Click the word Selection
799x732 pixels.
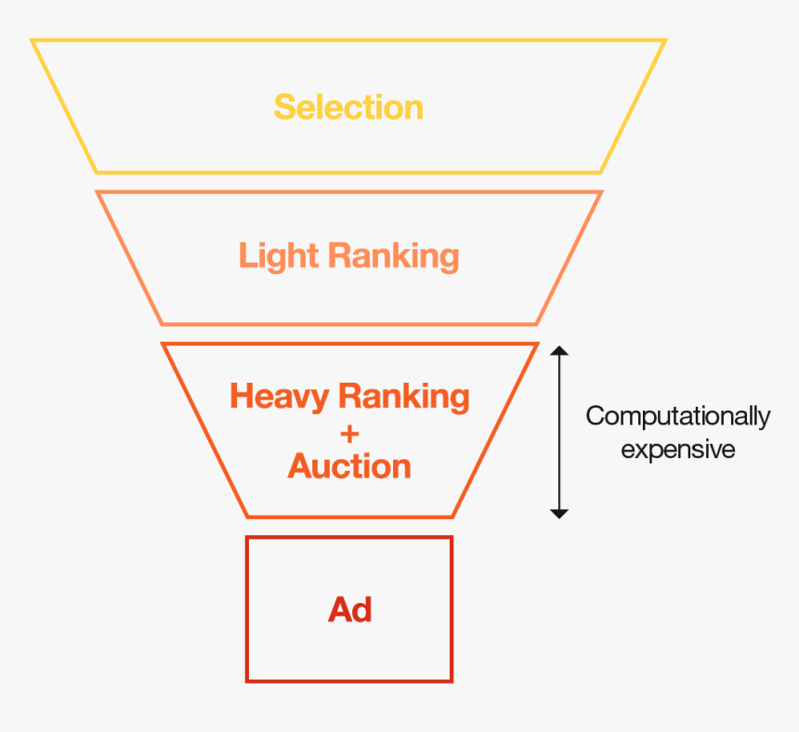pos(348,108)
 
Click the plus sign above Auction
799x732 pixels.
pos(349,433)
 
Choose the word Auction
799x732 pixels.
pos(349,465)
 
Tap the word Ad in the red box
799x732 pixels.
pos(349,609)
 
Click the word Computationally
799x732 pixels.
pos(677,416)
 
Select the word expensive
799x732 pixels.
pos(677,450)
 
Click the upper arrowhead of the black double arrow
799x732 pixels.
pos(558,351)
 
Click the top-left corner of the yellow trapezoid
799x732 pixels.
pos(33,41)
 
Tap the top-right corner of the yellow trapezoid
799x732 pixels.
pos(665,41)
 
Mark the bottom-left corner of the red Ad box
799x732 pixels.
pos(247,681)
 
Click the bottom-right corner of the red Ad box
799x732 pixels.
pos(452,681)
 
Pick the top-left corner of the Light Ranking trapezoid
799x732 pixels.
pos(98,192)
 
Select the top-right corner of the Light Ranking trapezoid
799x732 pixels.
pos(601,192)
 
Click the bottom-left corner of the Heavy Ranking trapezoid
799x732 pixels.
pos(248,516)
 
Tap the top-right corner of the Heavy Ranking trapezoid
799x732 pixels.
pos(537,345)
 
